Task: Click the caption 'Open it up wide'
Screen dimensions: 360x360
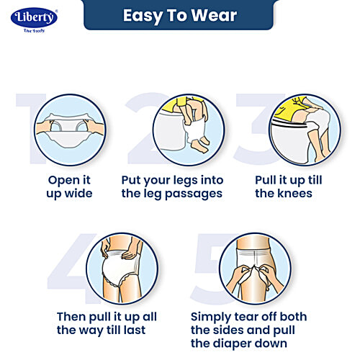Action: pyautogui.click(x=70, y=186)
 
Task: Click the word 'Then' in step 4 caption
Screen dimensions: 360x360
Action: pyautogui.click(x=73, y=317)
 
